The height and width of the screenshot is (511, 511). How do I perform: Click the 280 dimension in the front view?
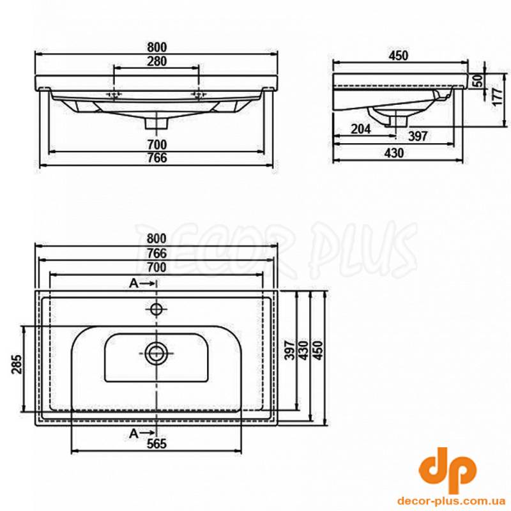click(156, 61)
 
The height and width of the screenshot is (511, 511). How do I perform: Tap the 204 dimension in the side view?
click(361, 129)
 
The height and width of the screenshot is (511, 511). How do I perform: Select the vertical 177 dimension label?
click(497, 96)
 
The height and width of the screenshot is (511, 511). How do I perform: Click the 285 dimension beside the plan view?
click(17, 364)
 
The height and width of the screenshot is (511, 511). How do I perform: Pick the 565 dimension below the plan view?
click(156, 443)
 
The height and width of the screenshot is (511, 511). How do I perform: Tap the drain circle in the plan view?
click(156, 353)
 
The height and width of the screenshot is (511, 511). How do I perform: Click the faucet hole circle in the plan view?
click(156, 309)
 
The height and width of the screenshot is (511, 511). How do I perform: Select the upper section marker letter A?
click(133, 284)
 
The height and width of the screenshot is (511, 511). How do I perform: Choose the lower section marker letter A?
click(133, 434)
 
